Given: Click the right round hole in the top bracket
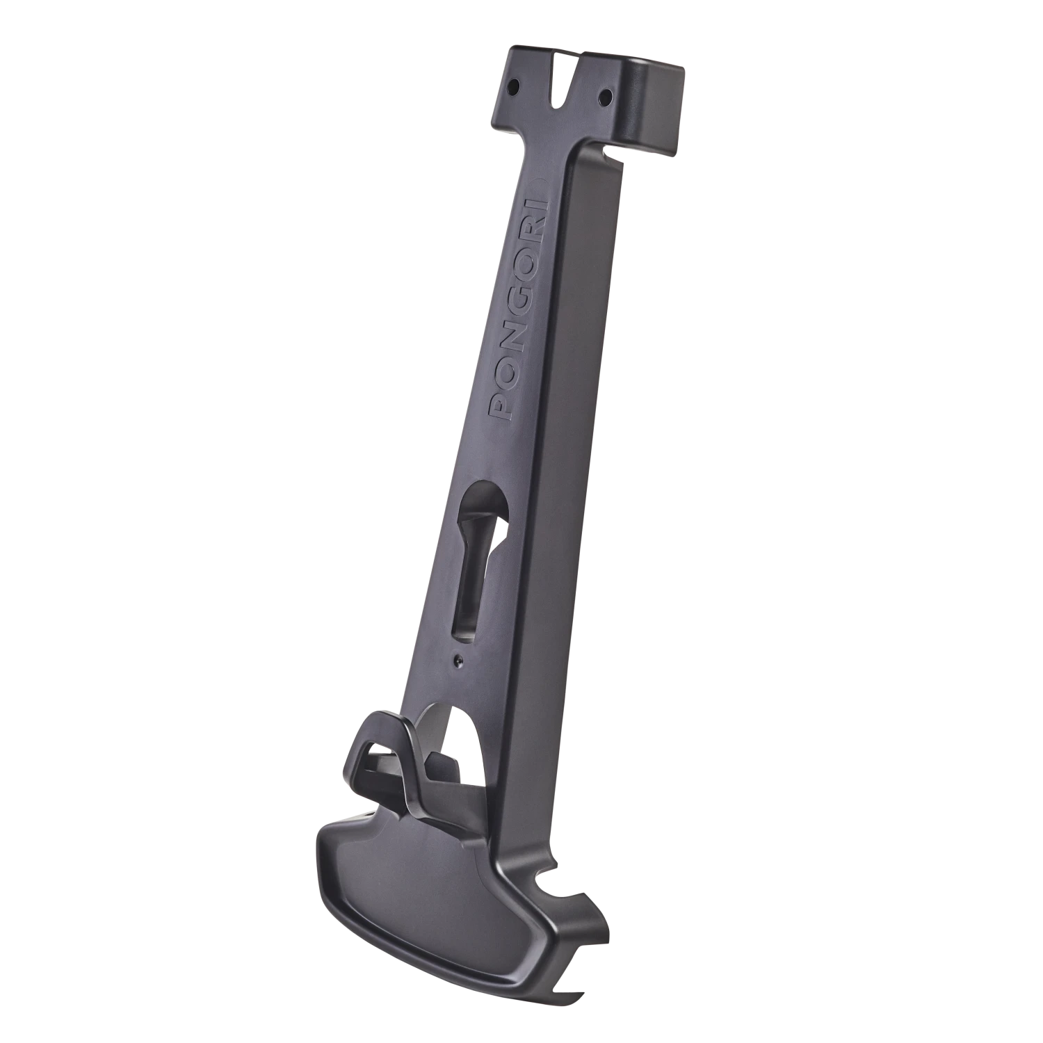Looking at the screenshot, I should pos(604,92).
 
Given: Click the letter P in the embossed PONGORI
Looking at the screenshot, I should pos(502,407).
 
